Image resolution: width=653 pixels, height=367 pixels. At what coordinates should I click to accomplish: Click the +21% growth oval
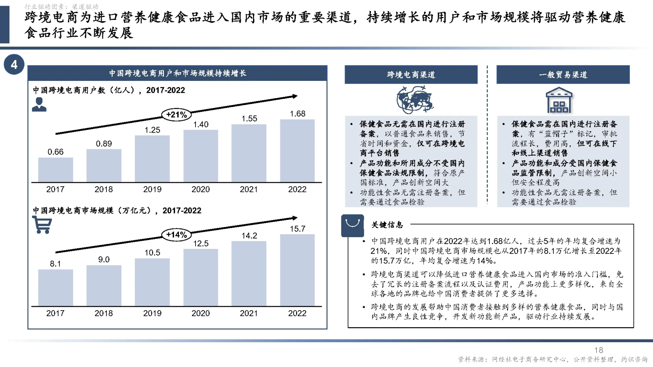pyautogui.click(x=177, y=115)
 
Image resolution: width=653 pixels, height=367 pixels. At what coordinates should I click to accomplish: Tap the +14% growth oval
pyautogui.click(x=177, y=234)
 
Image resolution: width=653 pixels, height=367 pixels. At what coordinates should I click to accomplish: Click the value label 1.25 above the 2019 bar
pyautogui.click(x=152, y=130)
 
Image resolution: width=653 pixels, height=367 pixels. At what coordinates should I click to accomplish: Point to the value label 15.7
pyautogui.click(x=298, y=229)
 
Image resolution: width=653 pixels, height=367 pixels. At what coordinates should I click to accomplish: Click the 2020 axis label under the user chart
pyautogui.click(x=201, y=189)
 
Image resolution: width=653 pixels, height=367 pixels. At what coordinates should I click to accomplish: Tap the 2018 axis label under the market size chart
pyautogui.click(x=104, y=313)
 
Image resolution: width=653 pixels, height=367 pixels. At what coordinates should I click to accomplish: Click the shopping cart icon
pyautogui.click(x=42, y=225)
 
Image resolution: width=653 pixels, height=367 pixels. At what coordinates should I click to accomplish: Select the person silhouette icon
pyautogui.click(x=39, y=104)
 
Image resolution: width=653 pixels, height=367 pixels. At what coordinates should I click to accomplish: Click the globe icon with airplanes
pyautogui.click(x=414, y=100)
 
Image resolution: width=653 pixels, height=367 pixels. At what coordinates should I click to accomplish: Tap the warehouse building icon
pyautogui.click(x=559, y=100)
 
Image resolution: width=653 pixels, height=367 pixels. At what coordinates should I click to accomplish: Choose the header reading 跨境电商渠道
pyautogui.click(x=411, y=75)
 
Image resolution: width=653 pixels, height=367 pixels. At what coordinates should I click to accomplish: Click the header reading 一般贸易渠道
pyautogui.click(x=563, y=75)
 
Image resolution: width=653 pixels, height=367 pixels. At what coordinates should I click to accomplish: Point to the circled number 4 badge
pyautogui.click(x=14, y=64)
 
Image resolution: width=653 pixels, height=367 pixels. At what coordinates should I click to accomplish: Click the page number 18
pyautogui.click(x=599, y=350)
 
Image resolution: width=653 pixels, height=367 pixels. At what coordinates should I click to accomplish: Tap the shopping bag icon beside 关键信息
pyautogui.click(x=352, y=225)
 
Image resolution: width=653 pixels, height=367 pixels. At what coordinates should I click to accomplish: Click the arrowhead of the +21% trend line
pyautogui.click(x=295, y=97)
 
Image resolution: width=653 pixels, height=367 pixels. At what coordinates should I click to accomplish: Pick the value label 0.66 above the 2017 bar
pyautogui.click(x=55, y=152)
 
